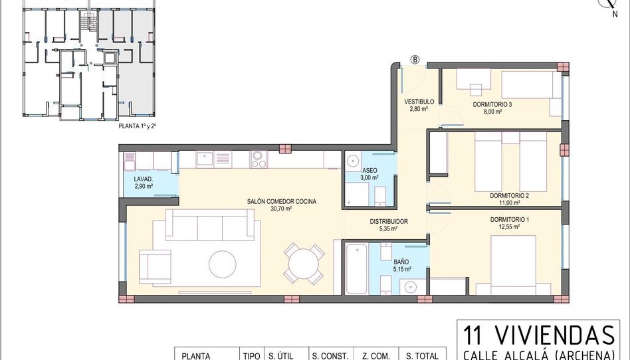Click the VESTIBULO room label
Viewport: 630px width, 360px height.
click(x=419, y=102)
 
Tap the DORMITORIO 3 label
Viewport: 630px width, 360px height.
click(x=492, y=104)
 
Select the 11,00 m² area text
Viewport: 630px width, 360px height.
click(x=510, y=203)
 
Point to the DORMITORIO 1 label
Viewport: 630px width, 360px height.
click(x=510, y=220)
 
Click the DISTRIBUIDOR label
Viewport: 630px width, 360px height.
click(x=389, y=221)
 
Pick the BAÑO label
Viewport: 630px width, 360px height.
click(x=401, y=262)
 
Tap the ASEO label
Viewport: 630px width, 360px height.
click(x=369, y=170)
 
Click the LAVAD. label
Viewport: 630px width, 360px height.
click(x=144, y=179)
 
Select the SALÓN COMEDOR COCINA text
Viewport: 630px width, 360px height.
click(x=281, y=202)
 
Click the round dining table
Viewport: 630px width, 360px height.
click(x=303, y=264)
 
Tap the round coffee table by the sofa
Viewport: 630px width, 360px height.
click(x=223, y=264)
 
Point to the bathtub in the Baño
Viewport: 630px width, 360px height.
click(x=357, y=269)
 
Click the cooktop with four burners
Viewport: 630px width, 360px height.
click(x=259, y=159)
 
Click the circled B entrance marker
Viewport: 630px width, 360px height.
click(x=415, y=60)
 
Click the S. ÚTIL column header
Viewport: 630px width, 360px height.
click(x=281, y=355)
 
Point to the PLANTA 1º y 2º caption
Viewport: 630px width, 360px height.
click(x=138, y=126)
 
